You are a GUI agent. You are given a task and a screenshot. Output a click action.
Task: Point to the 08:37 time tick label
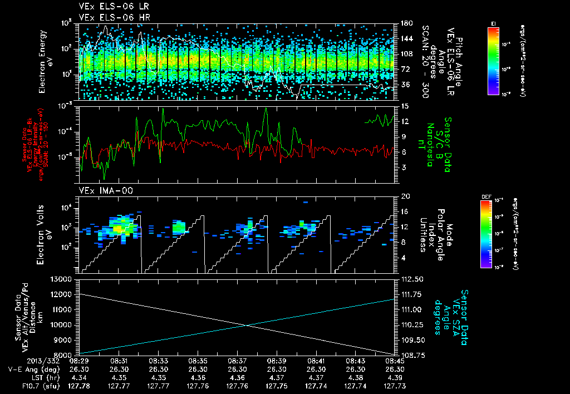point(238,361)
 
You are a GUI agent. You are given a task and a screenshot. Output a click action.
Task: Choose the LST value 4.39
point(395,377)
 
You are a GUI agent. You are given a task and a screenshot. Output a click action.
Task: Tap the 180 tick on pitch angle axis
point(405,23)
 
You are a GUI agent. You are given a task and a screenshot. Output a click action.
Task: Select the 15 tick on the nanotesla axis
point(402,106)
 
